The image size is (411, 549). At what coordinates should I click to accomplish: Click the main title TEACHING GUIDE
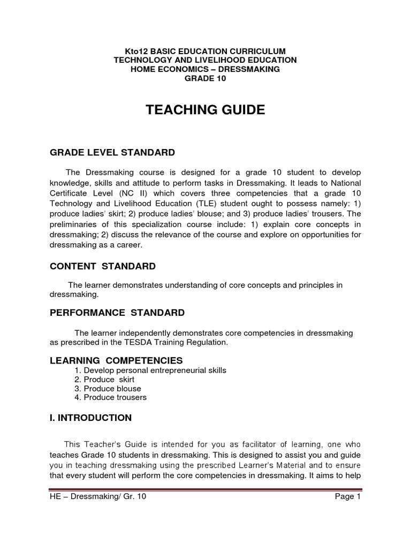[x=205, y=110]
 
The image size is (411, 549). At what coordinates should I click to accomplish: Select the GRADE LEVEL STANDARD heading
[x=112, y=153]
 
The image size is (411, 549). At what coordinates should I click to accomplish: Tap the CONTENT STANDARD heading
[x=103, y=266]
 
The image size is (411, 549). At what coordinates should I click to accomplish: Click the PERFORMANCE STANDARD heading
[x=117, y=313]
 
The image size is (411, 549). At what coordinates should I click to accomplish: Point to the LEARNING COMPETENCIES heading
[x=116, y=360]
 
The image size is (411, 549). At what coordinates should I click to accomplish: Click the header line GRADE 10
[x=205, y=78]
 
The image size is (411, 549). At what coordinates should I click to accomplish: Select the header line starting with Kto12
[x=205, y=51]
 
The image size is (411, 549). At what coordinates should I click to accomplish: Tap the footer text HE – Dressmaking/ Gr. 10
[x=97, y=497]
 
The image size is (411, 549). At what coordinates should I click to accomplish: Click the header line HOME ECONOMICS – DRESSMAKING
[x=205, y=69]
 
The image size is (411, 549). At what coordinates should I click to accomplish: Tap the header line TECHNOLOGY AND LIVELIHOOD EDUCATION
[x=205, y=60]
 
